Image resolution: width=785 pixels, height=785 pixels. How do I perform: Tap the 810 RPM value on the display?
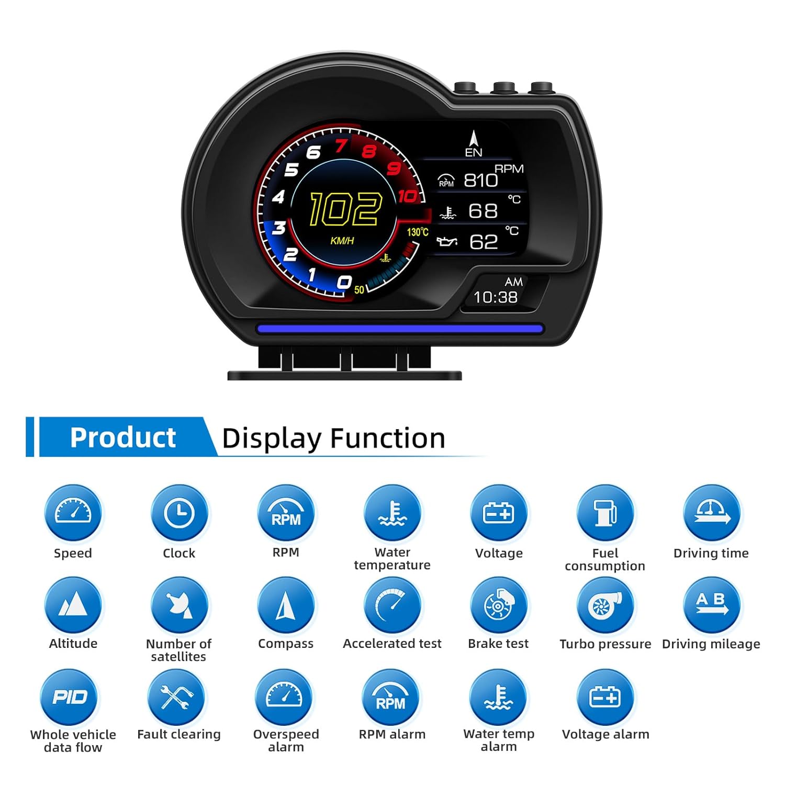coord(480,180)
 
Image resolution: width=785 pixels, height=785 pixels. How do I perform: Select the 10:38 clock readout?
coord(495,297)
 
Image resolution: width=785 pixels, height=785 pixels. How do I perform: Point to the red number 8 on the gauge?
coord(369,151)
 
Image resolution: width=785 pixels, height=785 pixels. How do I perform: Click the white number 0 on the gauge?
coord(344,282)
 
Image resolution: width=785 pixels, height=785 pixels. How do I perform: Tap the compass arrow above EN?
coord(474,138)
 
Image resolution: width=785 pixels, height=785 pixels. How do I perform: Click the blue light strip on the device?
coord(400,329)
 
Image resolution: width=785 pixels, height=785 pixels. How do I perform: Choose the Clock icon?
coord(179,513)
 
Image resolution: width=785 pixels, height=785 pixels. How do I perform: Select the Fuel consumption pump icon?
coord(605,513)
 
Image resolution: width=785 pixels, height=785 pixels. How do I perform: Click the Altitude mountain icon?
coord(73,605)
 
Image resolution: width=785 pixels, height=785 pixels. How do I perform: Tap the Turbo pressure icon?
coord(605,605)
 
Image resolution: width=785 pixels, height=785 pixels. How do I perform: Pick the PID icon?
coord(69,697)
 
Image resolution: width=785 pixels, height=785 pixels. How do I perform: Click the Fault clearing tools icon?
coord(177,697)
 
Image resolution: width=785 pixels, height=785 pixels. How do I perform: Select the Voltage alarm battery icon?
coord(605,697)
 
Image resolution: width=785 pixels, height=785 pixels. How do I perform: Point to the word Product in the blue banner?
coord(123,438)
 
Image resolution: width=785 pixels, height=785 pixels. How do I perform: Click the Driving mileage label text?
coord(711,644)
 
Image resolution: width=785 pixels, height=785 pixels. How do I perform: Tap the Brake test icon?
coord(499,605)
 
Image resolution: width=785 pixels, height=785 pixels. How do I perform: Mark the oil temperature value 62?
coord(483,242)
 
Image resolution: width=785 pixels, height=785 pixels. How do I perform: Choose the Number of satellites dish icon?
coord(179,605)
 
